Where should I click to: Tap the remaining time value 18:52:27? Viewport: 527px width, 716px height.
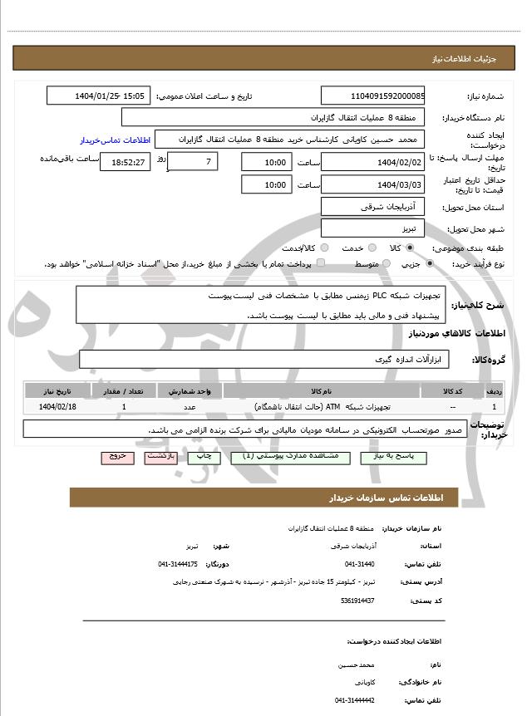point(125,162)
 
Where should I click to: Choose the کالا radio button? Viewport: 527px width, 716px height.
point(410,248)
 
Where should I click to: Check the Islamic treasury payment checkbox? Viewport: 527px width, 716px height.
point(321,263)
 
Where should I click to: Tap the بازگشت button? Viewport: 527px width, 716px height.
point(160,458)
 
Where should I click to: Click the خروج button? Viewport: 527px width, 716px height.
point(116,458)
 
